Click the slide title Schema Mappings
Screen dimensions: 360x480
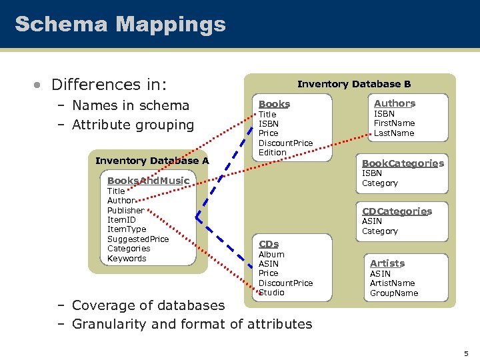coord(120,25)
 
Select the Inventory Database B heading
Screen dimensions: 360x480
coord(353,84)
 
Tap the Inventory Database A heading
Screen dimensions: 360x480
coord(152,161)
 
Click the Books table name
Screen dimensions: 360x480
coord(274,104)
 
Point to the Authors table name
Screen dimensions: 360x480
coord(394,103)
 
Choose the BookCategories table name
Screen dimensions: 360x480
coord(403,163)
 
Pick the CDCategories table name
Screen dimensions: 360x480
coord(397,211)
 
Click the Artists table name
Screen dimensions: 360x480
coord(387,263)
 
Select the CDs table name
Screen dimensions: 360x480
coord(269,244)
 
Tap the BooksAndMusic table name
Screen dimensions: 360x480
coord(148,181)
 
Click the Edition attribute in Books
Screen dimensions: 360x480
coord(272,153)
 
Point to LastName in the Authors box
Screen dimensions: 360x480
coord(393,133)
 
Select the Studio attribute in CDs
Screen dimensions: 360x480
coord(271,293)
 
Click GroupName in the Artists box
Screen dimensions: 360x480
coord(394,293)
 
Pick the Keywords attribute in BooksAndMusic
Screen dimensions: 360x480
coord(127,259)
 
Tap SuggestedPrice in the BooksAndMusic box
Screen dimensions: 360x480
coord(138,239)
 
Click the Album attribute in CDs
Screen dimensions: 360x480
coord(271,255)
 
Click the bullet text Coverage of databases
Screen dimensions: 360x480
coord(148,305)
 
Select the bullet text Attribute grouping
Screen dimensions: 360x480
coord(133,125)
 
